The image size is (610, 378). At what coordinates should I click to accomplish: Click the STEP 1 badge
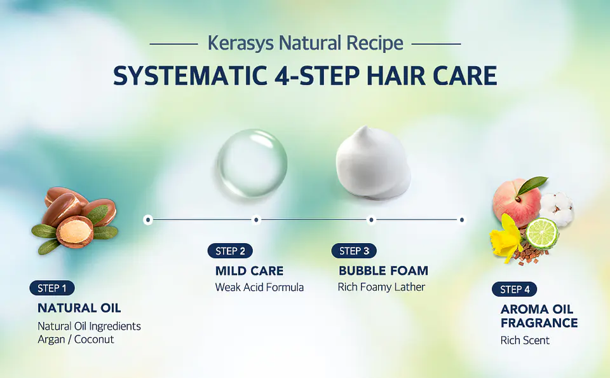(x=52, y=288)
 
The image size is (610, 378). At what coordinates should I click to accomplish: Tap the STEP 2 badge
(x=229, y=251)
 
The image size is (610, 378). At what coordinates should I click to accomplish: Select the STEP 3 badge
(x=354, y=251)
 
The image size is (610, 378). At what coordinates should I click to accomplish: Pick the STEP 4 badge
(x=514, y=290)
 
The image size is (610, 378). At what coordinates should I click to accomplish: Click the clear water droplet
(x=252, y=162)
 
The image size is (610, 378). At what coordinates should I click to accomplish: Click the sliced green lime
(x=542, y=233)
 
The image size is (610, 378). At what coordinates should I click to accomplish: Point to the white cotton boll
(x=557, y=207)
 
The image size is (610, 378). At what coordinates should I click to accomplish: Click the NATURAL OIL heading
(x=79, y=308)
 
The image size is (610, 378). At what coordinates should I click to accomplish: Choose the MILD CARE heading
(x=249, y=270)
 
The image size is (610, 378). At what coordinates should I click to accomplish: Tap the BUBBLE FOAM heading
(x=383, y=270)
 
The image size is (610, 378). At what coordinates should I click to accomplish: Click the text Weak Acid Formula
(x=259, y=288)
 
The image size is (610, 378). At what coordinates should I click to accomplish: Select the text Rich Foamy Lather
(x=381, y=287)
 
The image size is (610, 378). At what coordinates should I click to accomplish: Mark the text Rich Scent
(x=525, y=340)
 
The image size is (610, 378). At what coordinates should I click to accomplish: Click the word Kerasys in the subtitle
(x=241, y=43)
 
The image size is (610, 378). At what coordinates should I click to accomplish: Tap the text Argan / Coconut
(x=76, y=340)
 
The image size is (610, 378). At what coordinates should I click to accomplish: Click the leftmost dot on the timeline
(x=148, y=220)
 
